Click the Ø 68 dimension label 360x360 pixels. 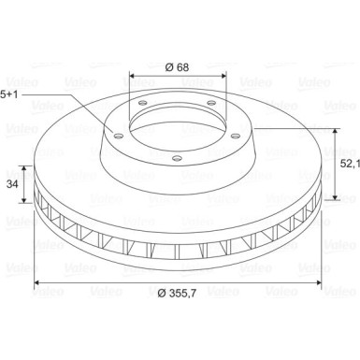click(x=177, y=67)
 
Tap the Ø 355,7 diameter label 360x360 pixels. click(x=177, y=293)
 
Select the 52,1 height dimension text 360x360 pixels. click(x=350, y=164)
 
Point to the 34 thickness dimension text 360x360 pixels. click(x=12, y=184)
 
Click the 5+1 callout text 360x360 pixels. click(x=9, y=94)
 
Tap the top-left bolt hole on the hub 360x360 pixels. click(x=143, y=103)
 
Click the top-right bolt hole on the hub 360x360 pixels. click(x=211, y=103)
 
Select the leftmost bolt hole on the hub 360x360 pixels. click(x=118, y=136)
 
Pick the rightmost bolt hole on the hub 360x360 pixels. click(x=236, y=136)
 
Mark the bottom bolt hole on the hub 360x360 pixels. click(x=177, y=159)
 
